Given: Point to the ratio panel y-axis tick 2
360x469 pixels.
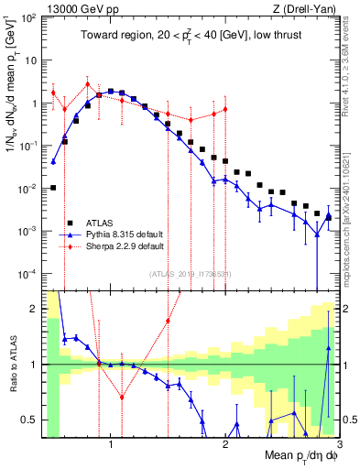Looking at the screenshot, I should (32, 309).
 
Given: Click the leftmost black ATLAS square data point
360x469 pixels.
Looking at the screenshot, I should (53, 188).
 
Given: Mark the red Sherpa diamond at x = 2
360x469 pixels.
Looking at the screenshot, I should (225, 109).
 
